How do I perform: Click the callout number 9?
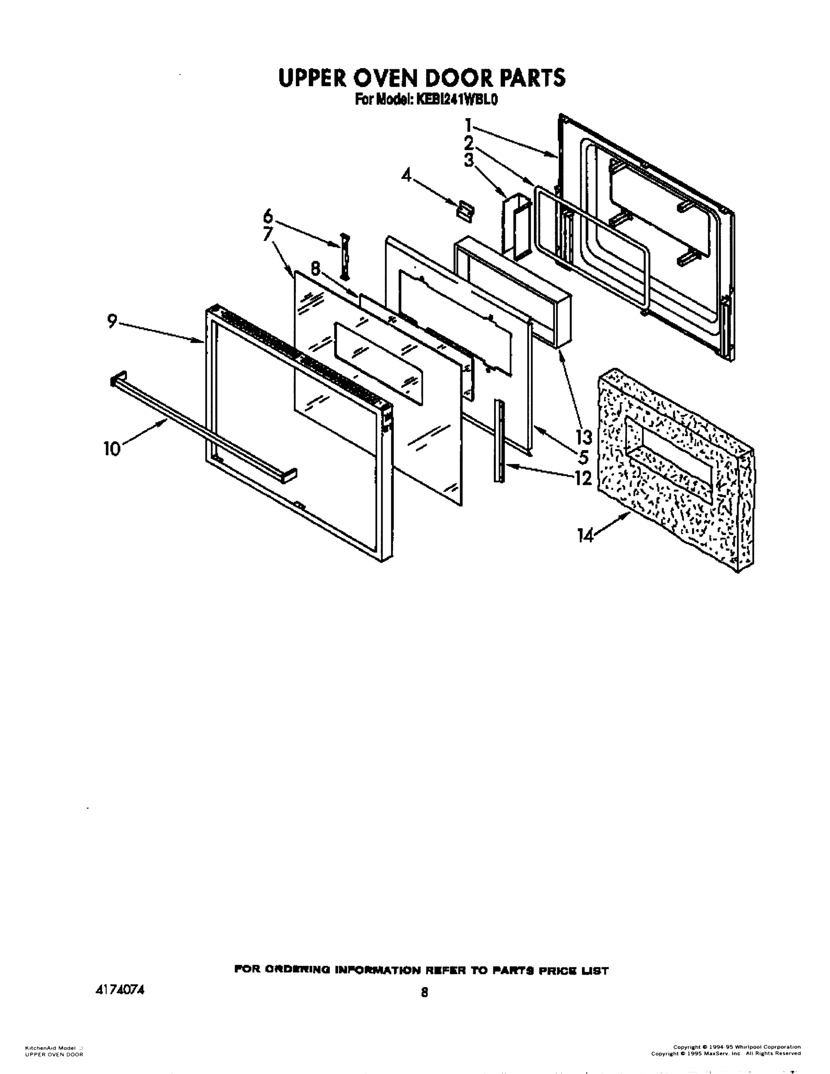click(112, 322)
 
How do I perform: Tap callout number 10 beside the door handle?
click(112, 448)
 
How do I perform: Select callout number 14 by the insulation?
click(586, 536)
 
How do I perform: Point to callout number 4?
click(406, 175)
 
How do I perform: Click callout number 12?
click(583, 478)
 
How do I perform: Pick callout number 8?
click(315, 268)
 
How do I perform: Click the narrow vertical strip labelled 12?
click(500, 440)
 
